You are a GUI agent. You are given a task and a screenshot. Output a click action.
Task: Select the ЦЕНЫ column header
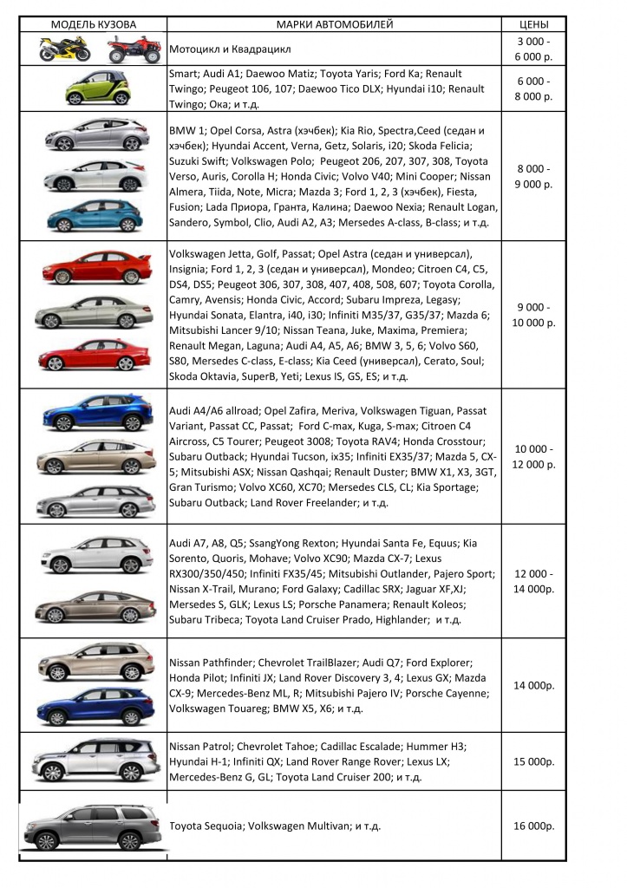pyautogui.click(x=532, y=23)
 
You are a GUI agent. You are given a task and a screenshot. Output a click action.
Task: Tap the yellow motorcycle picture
pyautogui.click(x=64, y=49)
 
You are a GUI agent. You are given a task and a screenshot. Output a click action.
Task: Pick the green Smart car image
pyautogui.click(x=97, y=88)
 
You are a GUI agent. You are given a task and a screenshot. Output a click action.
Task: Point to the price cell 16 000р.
pyautogui.click(x=533, y=826)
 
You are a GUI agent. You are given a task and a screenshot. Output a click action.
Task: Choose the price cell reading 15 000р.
pyautogui.click(x=533, y=761)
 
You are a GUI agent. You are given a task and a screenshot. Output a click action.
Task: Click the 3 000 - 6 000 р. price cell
pyautogui.click(x=533, y=49)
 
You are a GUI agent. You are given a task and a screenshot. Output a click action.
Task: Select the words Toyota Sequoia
pyautogui.click(x=206, y=826)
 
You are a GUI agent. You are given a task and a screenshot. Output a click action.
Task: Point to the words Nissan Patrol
pyautogui.click(x=200, y=746)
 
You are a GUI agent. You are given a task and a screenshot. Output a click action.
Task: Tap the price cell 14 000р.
pyautogui.click(x=533, y=685)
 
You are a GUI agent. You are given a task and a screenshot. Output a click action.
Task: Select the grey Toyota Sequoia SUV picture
pyautogui.click(x=93, y=826)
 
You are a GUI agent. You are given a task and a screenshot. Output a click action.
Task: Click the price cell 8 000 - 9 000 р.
pyautogui.click(x=533, y=176)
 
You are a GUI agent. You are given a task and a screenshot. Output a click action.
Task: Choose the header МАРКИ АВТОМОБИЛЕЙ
pyautogui.click(x=335, y=23)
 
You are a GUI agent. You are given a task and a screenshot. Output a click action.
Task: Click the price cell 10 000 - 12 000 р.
pyautogui.click(x=533, y=457)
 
